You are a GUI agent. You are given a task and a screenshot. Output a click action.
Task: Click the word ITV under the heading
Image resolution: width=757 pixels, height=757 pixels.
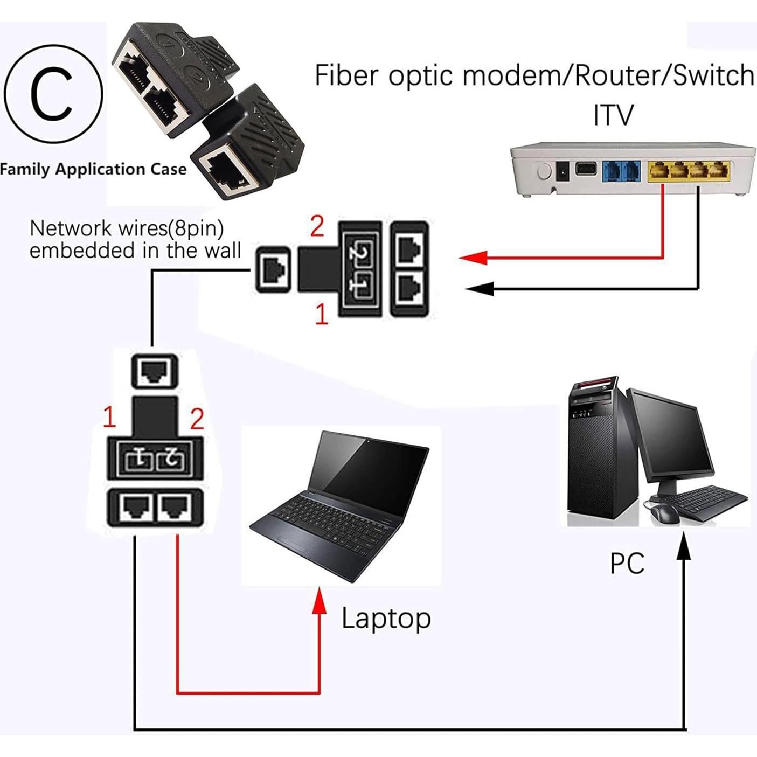point(613,115)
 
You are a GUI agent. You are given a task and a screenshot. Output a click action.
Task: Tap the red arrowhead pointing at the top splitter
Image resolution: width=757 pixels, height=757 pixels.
point(473,258)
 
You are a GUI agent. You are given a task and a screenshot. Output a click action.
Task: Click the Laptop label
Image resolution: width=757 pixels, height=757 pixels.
point(386,619)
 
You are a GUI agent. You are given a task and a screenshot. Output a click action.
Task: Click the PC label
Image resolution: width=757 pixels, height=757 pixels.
point(627,563)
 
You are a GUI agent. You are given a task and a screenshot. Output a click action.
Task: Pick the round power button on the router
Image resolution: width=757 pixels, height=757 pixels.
point(544,172)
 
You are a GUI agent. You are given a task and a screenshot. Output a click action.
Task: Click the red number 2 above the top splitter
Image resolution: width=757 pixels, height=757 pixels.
point(317,226)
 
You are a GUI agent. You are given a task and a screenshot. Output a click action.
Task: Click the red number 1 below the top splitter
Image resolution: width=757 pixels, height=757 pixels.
point(322,314)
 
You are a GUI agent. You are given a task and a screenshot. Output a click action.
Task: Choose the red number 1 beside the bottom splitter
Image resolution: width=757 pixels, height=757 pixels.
point(109,417)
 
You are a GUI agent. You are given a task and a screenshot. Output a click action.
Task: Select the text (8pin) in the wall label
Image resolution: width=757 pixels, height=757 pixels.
point(196,228)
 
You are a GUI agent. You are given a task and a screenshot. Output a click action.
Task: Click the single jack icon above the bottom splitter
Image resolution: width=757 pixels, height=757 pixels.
point(154,371)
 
